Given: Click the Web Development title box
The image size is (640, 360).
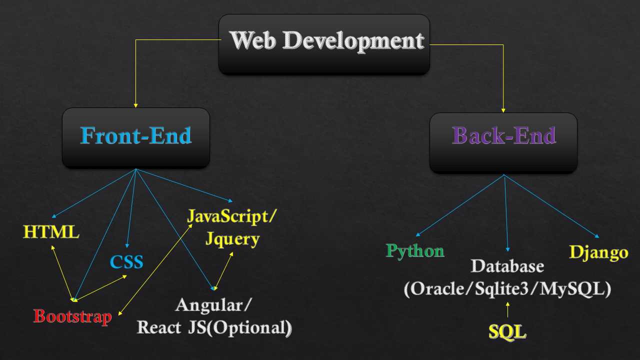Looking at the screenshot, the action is point(324,44).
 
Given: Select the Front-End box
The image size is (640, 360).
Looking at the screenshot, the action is point(135,137).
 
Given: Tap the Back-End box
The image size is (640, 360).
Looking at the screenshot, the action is point(503,142).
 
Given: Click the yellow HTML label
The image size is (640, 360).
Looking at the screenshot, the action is point(51,232).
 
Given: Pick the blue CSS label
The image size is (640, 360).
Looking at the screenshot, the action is point(127,261).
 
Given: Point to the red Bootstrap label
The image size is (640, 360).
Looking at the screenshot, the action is point(72,316).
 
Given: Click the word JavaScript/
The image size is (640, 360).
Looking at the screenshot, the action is point(232,216).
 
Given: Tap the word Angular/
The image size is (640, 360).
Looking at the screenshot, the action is point(214,304).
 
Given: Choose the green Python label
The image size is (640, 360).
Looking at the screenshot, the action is point(415,250).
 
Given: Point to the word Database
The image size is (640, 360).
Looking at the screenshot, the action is point(507,265).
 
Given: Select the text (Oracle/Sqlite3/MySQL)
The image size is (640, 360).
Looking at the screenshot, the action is point(507,289).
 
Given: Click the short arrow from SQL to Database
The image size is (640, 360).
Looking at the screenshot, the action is point(507,310).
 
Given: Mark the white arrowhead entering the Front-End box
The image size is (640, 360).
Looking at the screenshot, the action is point(135,105).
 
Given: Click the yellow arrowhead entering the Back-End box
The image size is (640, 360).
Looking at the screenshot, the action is point(503,109).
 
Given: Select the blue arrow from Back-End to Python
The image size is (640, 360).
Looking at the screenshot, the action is point(460,205).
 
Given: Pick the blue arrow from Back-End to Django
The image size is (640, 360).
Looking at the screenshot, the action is point(550,205).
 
